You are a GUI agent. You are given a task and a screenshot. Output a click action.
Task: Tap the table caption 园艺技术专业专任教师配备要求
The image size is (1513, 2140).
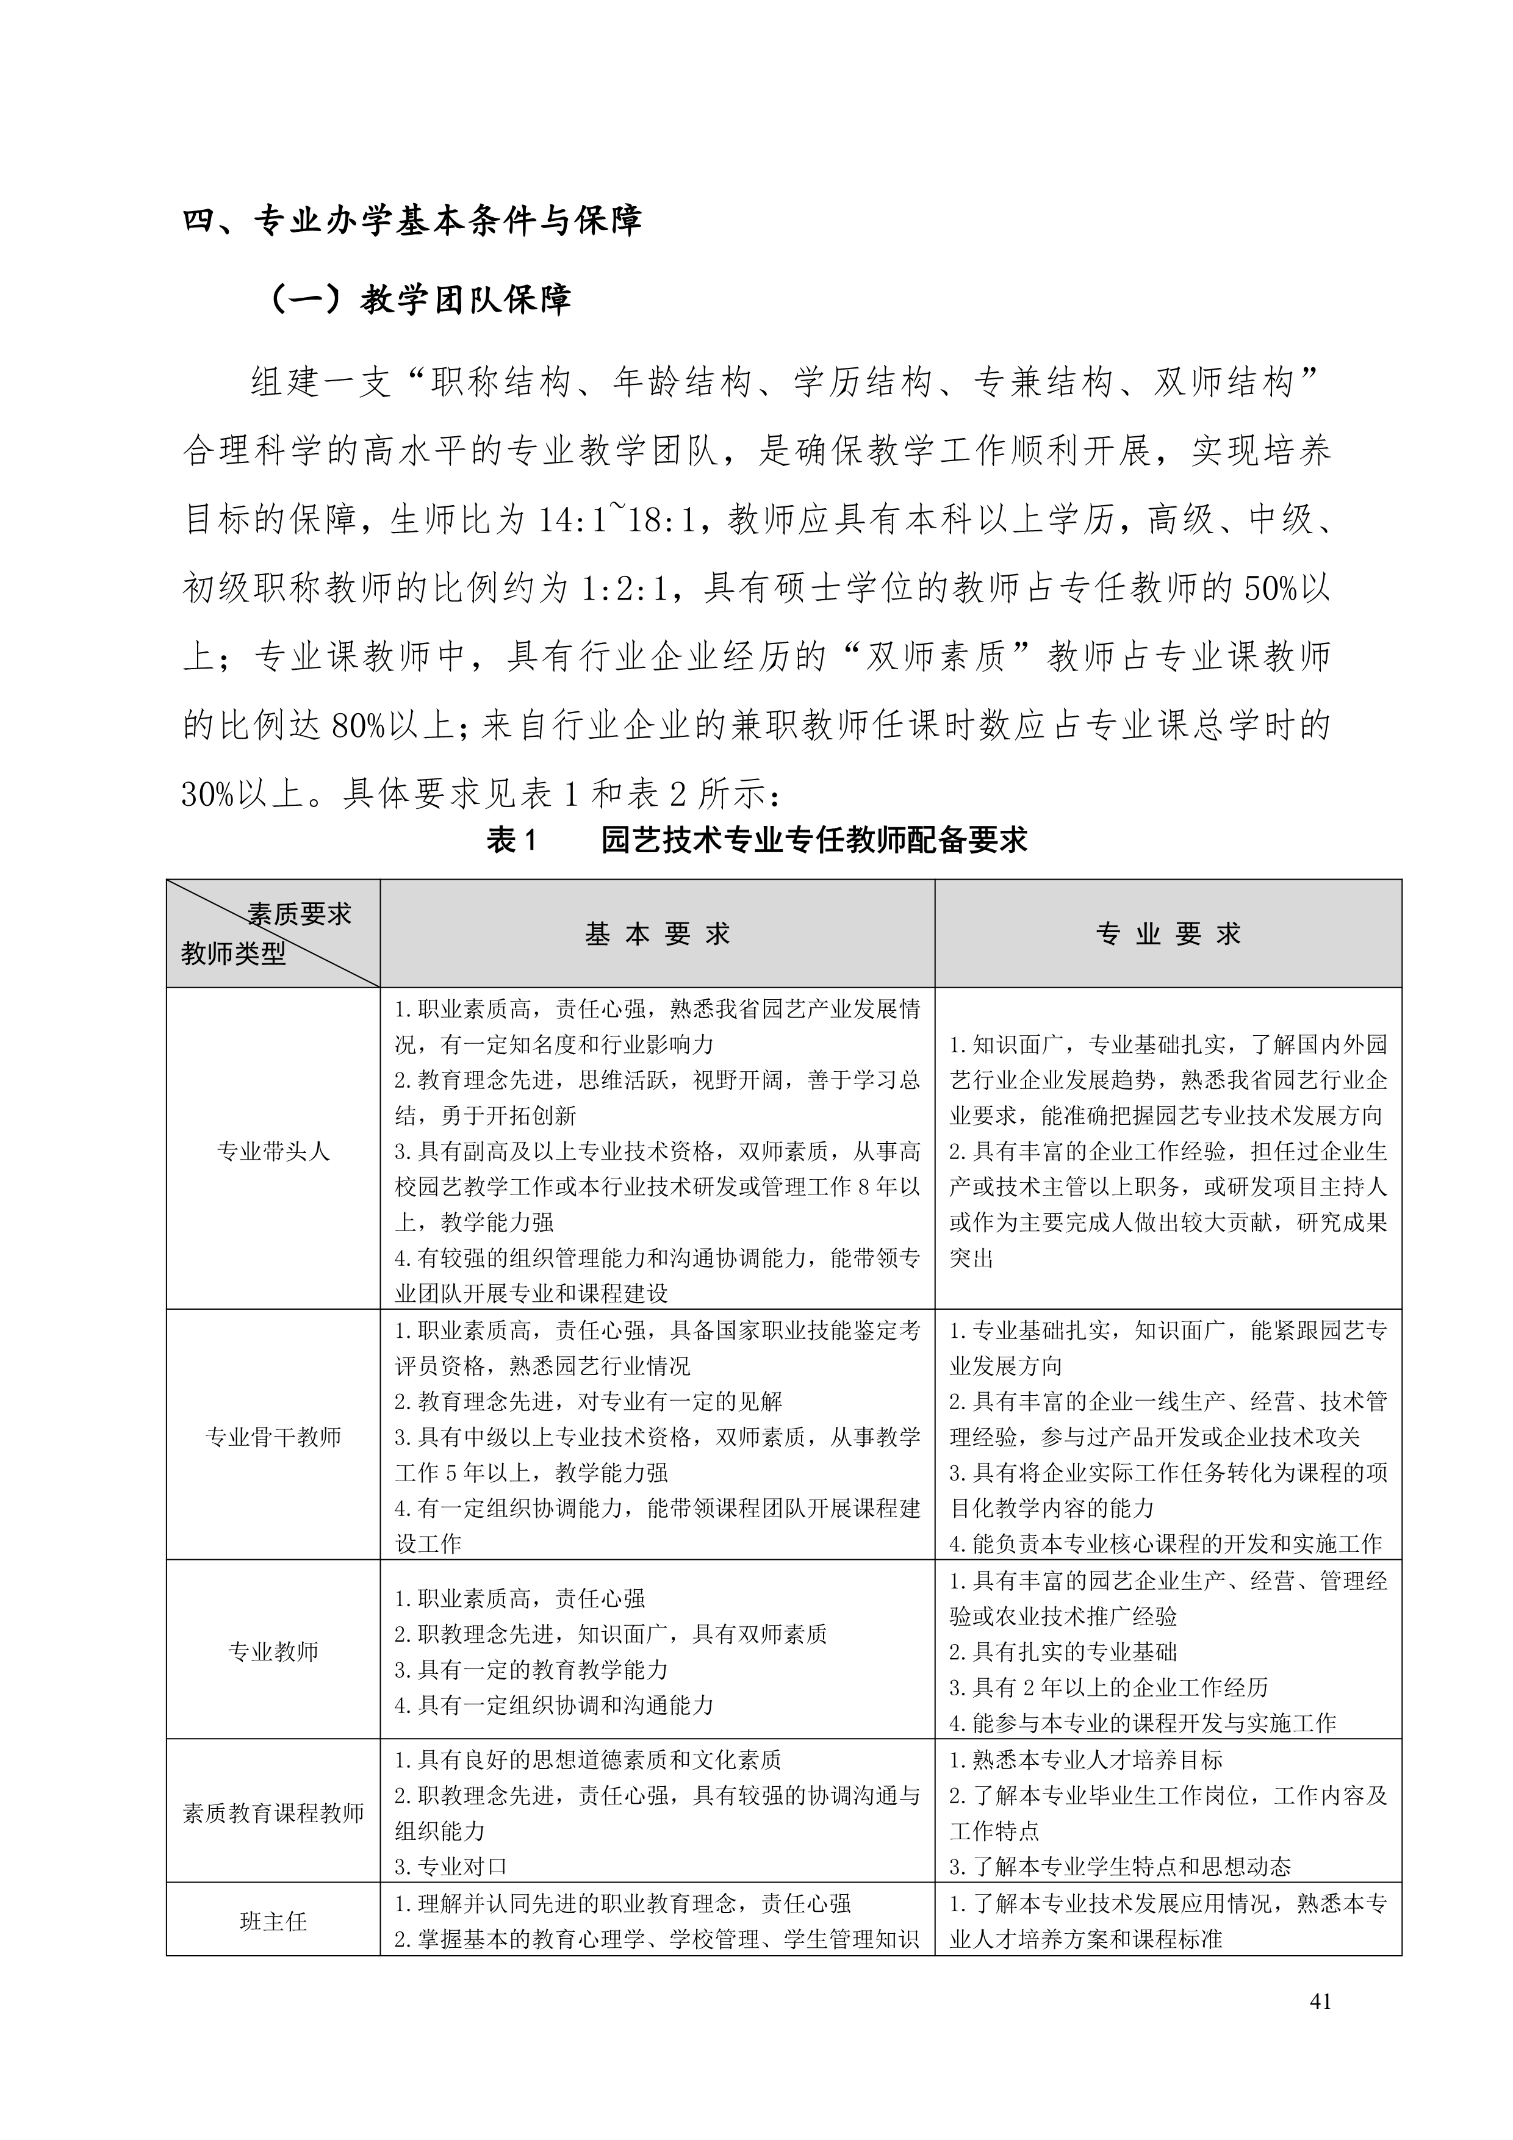(814, 840)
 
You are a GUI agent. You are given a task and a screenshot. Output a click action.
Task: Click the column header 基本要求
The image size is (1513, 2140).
(657, 934)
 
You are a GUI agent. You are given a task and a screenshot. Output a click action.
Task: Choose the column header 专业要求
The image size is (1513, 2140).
(1168, 934)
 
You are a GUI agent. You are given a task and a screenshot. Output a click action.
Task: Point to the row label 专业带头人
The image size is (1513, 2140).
(273, 1151)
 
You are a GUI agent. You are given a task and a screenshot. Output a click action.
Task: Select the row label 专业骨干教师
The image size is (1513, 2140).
(273, 1436)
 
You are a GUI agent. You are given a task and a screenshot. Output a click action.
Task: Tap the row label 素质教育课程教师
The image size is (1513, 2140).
(273, 1813)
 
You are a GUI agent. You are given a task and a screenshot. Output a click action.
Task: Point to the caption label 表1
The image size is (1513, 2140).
(512, 840)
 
